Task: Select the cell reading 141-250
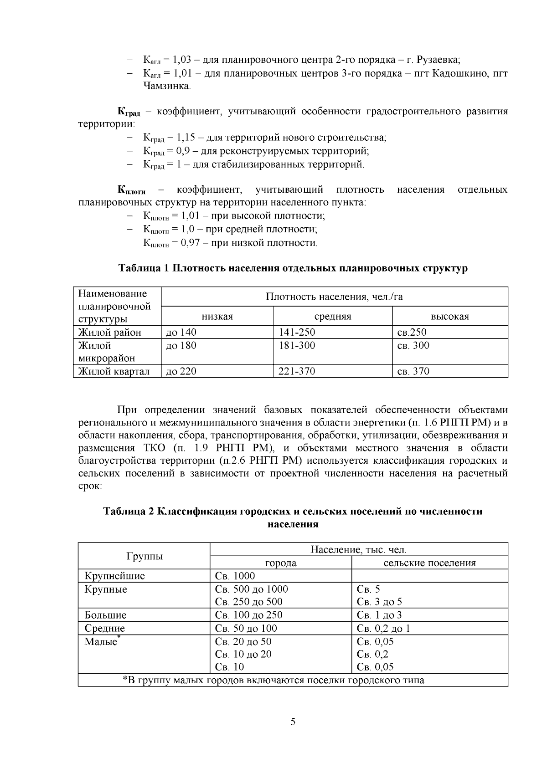[297, 333]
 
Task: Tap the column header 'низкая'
[217, 317]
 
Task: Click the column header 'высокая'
[450, 317]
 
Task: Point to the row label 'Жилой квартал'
[114, 372]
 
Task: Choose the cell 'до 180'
[181, 346]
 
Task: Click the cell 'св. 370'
[413, 372]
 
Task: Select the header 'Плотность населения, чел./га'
[334, 297]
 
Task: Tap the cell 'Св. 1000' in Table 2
[235, 576]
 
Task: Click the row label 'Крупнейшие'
[115, 576]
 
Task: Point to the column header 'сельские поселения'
[429, 563]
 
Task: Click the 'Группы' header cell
[144, 556]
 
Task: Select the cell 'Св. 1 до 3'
[379, 615]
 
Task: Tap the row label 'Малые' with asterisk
[101, 642]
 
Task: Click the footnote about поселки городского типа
[273, 681]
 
